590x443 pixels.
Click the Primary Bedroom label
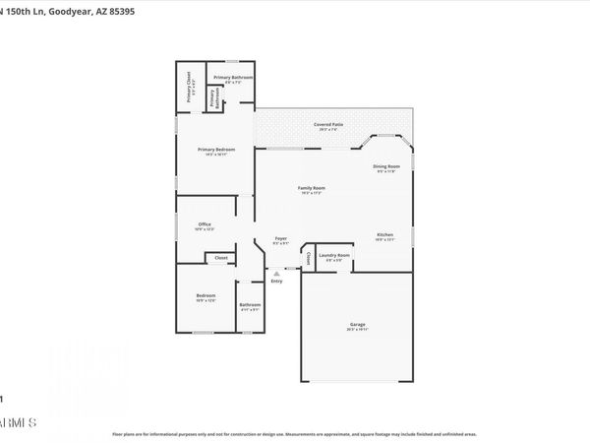click(x=215, y=150)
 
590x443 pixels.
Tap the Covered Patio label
click(x=328, y=125)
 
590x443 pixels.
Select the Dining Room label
click(x=386, y=167)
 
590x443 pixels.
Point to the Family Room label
click(x=312, y=187)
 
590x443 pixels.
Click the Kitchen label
click(x=384, y=234)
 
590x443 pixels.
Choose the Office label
click(x=205, y=224)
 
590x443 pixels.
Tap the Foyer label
click(x=280, y=238)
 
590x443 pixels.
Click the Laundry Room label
click(x=335, y=256)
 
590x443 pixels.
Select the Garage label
click(x=357, y=325)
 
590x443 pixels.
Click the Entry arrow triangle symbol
click(x=275, y=274)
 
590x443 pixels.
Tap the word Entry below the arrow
click(x=276, y=283)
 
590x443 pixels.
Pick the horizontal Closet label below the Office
click(x=220, y=259)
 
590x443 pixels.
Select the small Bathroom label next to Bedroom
click(x=250, y=305)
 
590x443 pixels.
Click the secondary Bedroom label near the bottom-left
click(x=205, y=296)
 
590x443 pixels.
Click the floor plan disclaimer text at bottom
click(x=295, y=433)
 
